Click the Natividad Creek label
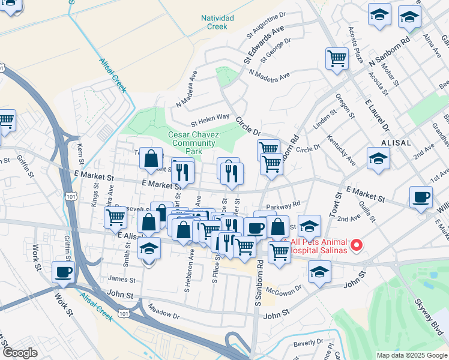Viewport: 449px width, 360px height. click(x=217, y=22)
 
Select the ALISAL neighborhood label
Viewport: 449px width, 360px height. click(x=396, y=143)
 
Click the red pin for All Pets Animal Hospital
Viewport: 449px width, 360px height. click(x=356, y=245)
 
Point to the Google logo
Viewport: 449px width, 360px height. click(x=20, y=352)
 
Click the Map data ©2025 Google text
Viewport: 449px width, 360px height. click(x=412, y=355)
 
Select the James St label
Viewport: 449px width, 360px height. click(x=121, y=278)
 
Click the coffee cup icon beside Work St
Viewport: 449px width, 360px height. click(x=63, y=272)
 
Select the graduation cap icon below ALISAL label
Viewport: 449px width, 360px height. click(x=378, y=159)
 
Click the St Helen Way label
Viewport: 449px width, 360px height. click(x=210, y=117)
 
